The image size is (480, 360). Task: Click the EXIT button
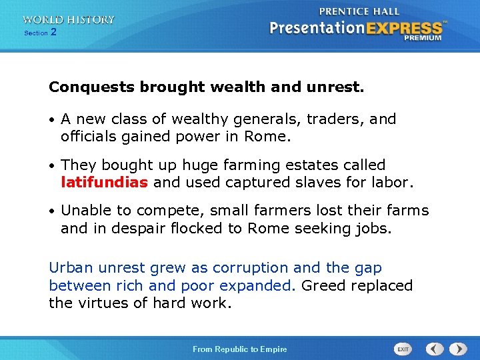(403, 349)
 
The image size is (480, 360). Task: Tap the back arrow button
(435, 349)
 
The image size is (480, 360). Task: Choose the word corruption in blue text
(255, 268)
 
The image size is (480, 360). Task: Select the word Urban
(71, 268)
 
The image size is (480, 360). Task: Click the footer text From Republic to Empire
(239, 349)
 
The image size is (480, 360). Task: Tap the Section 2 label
(40, 32)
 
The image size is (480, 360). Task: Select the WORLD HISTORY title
(68, 20)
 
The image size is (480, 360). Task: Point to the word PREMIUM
(422, 38)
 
